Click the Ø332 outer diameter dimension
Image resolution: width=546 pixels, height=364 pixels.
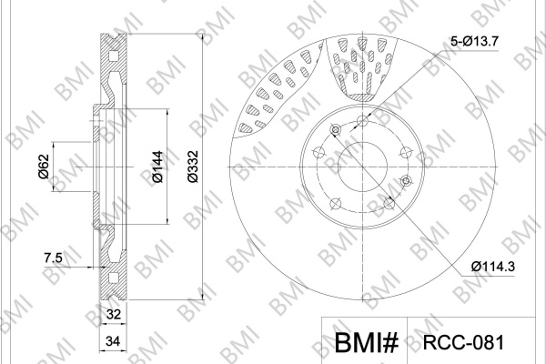tap(193, 167)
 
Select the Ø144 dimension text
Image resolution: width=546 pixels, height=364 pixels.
tap(157, 167)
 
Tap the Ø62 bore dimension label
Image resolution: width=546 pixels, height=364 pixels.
tap(44, 167)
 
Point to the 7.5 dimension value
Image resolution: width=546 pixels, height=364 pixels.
tap(54, 258)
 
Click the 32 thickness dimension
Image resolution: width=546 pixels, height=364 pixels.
tap(114, 315)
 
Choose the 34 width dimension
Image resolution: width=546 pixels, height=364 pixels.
tap(114, 341)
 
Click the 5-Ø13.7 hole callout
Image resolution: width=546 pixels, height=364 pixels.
tap(475, 42)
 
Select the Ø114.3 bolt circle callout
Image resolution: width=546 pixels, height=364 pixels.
tap(492, 267)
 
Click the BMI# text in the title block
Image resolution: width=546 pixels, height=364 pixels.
tap(366, 343)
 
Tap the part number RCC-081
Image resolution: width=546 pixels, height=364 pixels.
tap(463, 343)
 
